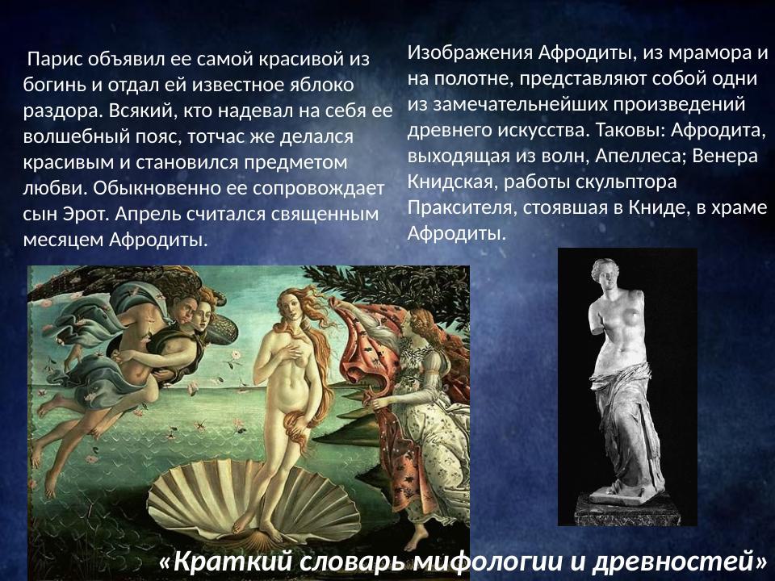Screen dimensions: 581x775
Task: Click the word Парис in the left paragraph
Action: (55, 60)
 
